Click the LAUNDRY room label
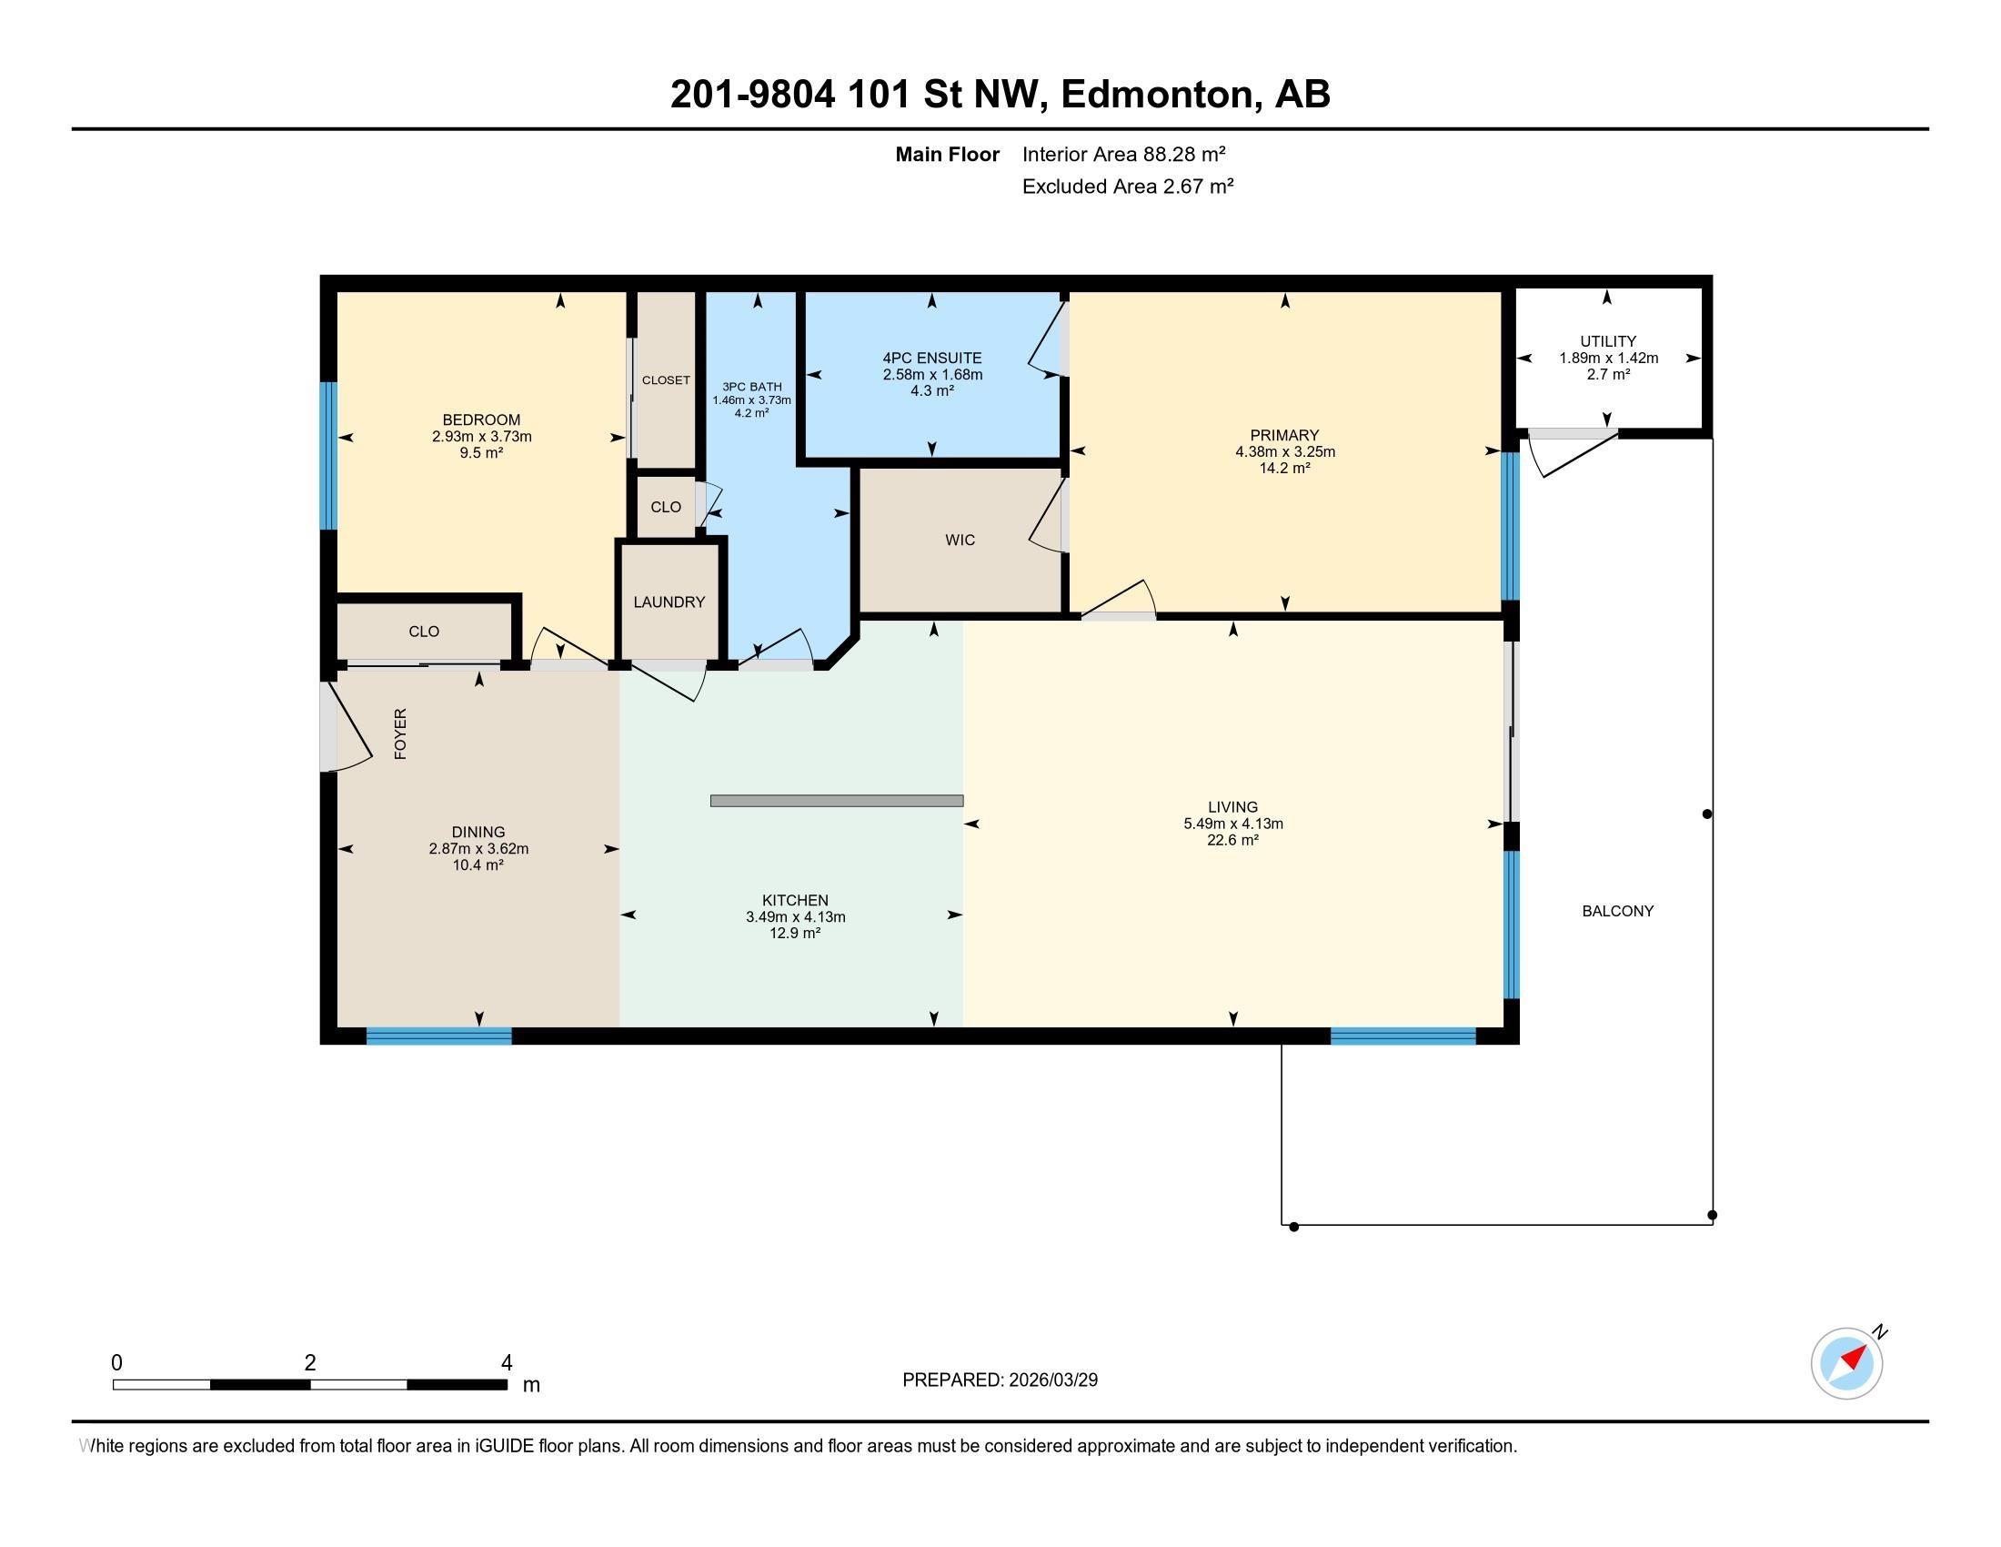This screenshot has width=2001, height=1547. tap(669, 602)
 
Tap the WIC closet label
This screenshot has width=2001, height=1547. tap(960, 540)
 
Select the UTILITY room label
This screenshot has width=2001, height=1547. tap(1608, 341)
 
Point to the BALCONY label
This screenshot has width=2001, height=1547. tap(1617, 911)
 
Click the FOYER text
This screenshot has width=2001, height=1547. tap(400, 733)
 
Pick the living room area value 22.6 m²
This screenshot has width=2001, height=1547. tap(1232, 840)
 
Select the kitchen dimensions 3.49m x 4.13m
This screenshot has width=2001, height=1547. tap(795, 916)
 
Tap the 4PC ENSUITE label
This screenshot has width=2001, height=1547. tap(931, 359)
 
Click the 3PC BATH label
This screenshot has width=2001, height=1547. tap(752, 387)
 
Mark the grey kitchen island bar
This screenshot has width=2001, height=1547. tap(837, 801)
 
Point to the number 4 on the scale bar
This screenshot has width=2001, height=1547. tap(507, 1363)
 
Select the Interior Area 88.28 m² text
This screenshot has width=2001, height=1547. tap(1123, 154)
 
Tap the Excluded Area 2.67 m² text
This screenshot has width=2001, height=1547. tap(1128, 186)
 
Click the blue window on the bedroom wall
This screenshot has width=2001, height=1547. tap(328, 456)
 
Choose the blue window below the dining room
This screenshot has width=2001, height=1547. tap(439, 1036)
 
